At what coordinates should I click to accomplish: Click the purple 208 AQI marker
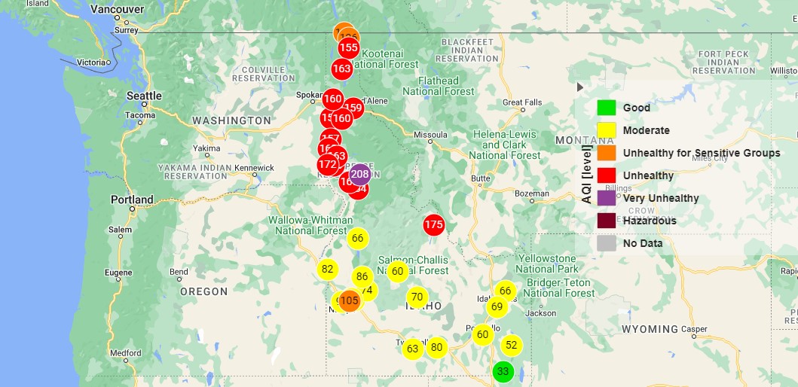[360, 175]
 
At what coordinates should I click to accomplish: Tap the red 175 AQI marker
[433, 224]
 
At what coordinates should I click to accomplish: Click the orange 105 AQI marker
[349, 301]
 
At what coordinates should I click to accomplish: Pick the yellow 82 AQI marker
[327, 270]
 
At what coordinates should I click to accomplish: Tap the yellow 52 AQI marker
[512, 346]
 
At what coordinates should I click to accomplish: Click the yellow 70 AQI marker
[417, 297]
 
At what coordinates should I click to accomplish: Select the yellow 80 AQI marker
[436, 348]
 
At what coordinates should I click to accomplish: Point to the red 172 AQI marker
[327, 165]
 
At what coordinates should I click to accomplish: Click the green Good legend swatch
[607, 108]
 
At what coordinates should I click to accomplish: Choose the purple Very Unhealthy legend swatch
[607, 198]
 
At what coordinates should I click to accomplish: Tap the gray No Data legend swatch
[607, 243]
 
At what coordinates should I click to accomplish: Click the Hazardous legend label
[650, 221]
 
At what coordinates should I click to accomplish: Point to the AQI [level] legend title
[587, 174]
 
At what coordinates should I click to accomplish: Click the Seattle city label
[144, 96]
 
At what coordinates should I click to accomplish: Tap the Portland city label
[132, 200]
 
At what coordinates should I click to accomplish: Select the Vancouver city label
[117, 10]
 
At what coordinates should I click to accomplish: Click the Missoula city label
[430, 136]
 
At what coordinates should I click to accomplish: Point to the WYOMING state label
[650, 329]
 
